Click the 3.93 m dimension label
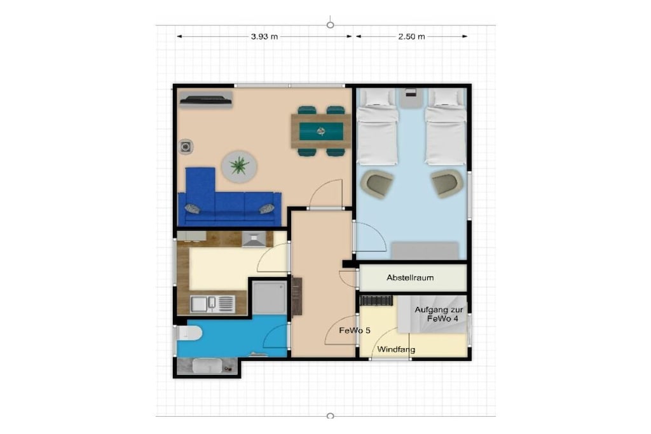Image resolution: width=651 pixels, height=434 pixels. tap(264, 36)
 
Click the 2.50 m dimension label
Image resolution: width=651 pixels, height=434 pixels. tap(411, 36)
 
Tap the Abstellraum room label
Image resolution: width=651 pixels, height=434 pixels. tap(410, 278)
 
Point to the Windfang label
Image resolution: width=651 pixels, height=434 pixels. tap(396, 349)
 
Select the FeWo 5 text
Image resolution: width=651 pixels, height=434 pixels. tap(355, 330)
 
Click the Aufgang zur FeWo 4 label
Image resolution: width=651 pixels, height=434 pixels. tap(439, 314)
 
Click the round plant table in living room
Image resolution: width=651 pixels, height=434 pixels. tap(239, 166)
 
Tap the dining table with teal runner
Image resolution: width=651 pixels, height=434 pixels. tap(321, 131)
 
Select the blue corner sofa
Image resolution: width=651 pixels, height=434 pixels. tap(229, 199)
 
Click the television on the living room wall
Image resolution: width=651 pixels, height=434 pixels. tap(205, 100)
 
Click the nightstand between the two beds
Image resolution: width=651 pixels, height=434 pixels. tap(411, 98)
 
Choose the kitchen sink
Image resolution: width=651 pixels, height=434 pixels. tap(212, 304)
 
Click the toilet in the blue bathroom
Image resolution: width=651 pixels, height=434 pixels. tap(189, 333)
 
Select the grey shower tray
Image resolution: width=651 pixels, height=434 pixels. tap(270, 297)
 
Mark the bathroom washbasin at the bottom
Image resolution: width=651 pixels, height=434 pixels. tap(208, 365)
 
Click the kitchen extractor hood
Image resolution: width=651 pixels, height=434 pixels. tap(254, 240)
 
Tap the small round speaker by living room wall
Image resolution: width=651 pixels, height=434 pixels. tap(186, 146)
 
